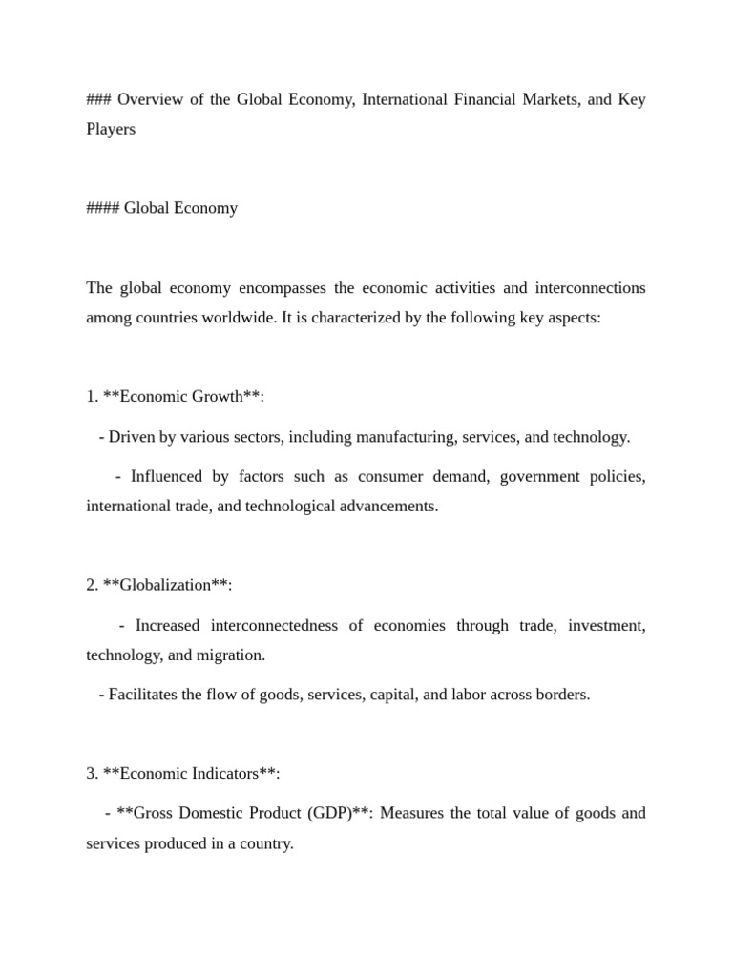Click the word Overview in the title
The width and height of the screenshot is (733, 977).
coord(153,100)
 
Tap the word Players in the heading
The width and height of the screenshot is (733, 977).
coord(111,129)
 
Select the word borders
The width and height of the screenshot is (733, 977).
coord(563,695)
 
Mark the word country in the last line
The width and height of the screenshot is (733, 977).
coord(265,843)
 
